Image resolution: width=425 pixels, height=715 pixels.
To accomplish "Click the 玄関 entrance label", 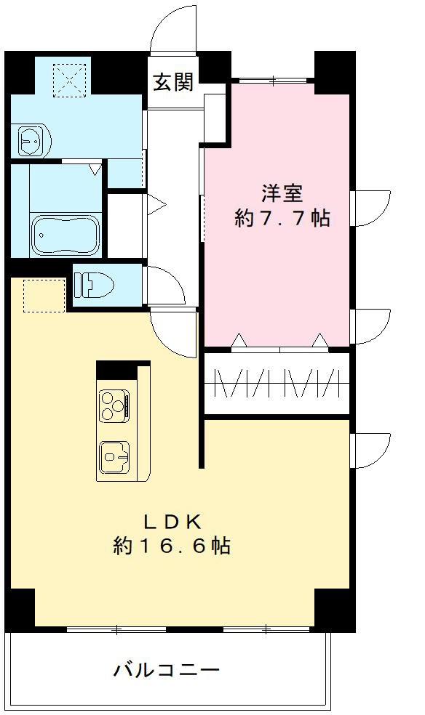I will click(174, 82).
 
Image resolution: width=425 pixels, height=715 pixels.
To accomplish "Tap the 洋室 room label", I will click(282, 193).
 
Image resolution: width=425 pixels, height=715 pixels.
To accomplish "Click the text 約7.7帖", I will click(282, 218).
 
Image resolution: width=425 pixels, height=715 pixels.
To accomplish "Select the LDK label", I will click(171, 521).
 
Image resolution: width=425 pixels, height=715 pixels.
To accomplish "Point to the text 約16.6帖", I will click(172, 546).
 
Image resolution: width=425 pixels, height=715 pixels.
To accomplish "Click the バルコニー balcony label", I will click(166, 669).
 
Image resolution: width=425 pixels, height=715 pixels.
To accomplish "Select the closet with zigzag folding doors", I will click(277, 384).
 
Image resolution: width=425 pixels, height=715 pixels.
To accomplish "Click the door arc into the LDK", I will click(175, 333).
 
